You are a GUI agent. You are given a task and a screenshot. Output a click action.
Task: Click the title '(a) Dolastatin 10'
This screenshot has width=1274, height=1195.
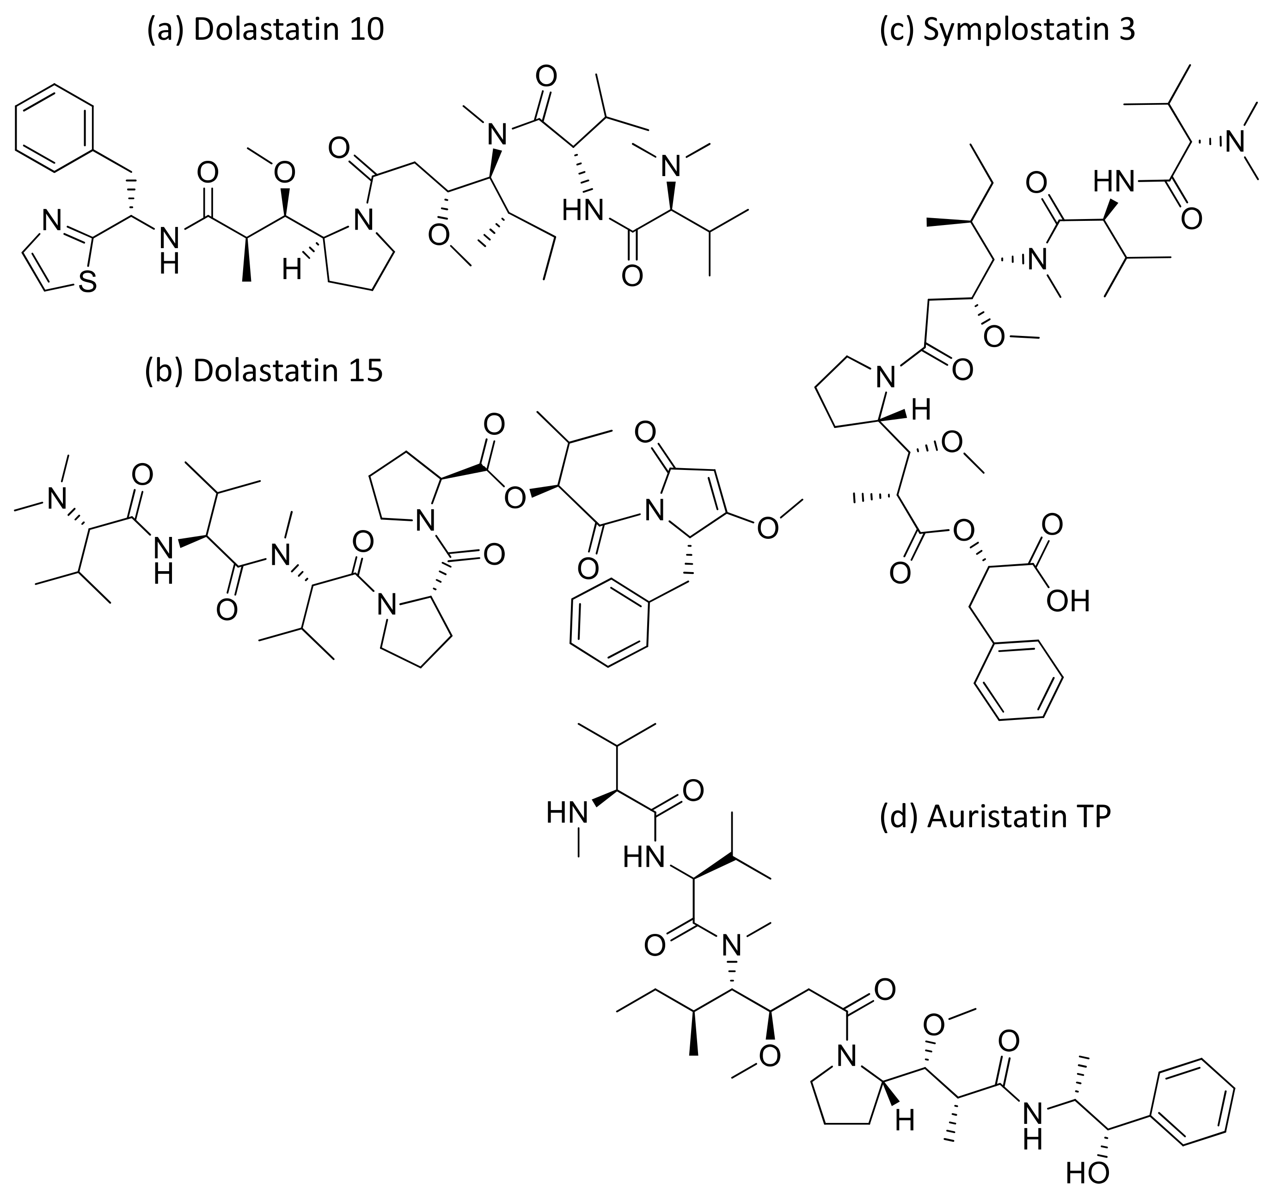point(265,30)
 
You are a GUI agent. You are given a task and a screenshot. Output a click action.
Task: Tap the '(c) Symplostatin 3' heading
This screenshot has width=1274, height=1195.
point(1007,30)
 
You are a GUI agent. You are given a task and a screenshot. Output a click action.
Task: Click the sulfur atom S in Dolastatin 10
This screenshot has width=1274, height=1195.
point(88,282)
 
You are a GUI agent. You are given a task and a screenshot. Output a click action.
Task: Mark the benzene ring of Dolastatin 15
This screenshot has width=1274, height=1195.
point(609,623)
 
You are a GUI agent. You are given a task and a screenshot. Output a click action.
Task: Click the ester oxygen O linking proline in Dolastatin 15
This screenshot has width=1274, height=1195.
point(514,497)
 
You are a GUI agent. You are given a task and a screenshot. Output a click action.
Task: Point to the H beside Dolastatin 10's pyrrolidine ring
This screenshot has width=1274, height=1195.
point(292,270)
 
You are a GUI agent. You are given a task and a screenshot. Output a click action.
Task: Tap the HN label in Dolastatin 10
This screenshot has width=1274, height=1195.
point(582,210)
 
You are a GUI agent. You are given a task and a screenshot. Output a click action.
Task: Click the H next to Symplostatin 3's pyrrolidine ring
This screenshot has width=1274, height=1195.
point(921,411)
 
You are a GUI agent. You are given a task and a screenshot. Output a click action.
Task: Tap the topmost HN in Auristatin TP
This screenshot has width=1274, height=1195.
point(567,814)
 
